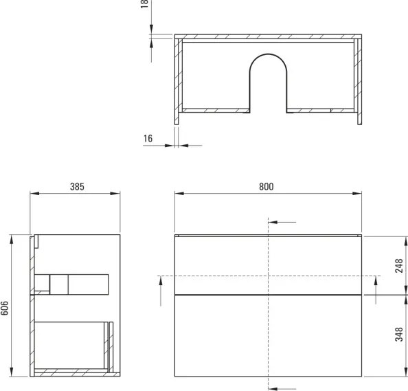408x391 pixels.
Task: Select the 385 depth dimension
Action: click(77, 187)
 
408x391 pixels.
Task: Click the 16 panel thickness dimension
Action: click(148, 139)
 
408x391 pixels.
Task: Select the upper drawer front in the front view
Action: click(268, 265)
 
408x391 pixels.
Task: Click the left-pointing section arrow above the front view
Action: click(282, 223)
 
